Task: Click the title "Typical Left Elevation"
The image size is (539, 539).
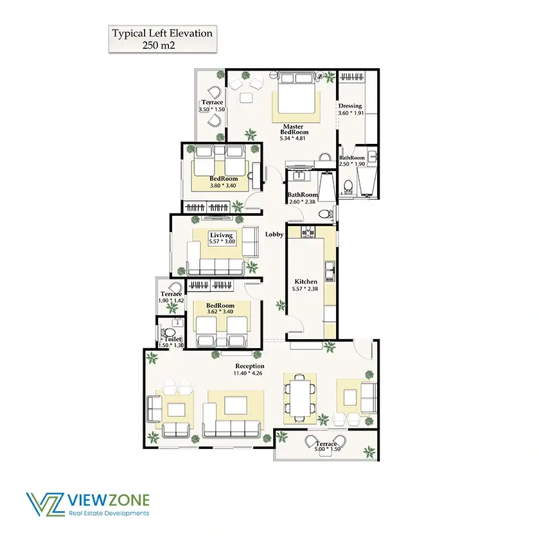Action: coord(163,33)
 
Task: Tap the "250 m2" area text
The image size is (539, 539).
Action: coord(159,46)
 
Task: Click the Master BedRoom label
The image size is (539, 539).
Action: coord(294,129)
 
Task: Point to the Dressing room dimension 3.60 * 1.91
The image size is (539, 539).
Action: coord(351,113)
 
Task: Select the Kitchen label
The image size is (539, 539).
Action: coord(306,281)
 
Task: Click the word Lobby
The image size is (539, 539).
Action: coord(274,234)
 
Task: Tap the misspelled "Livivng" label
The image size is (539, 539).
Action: coord(222,235)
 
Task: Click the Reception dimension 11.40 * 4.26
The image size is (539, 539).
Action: coord(248,373)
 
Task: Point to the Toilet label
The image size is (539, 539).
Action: coord(173,339)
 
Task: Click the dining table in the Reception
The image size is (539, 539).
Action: coord(299,398)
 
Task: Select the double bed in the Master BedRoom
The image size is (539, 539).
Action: coord(296,92)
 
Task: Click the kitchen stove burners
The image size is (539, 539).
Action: coord(308,233)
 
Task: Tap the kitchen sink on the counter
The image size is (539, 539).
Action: coord(330,270)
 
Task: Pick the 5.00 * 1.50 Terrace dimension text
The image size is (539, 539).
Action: coord(328,449)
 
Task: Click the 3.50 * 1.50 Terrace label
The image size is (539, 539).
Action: coord(212,102)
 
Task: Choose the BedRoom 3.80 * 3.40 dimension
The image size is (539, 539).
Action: coord(223,186)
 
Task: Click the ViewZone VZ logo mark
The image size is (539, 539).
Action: coord(45,504)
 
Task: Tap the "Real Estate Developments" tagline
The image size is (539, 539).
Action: coord(109,513)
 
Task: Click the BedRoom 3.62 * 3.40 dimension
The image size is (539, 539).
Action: coord(220,312)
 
